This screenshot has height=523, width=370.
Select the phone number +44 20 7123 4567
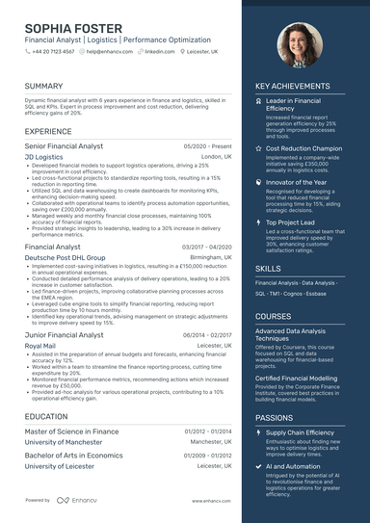(55, 51)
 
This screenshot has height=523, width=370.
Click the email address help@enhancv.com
(109, 51)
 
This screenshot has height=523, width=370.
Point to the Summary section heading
(44, 86)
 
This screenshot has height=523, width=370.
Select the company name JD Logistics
(43, 155)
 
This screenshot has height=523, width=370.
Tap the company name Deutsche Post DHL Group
(65, 258)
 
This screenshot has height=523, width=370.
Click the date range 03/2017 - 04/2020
(206, 248)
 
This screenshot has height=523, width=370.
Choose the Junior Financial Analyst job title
(66, 334)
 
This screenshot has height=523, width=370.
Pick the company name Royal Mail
(40, 345)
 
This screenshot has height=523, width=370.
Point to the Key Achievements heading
(292, 86)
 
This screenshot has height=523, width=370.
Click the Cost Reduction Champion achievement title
(304, 149)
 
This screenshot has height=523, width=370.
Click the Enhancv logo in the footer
(76, 500)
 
